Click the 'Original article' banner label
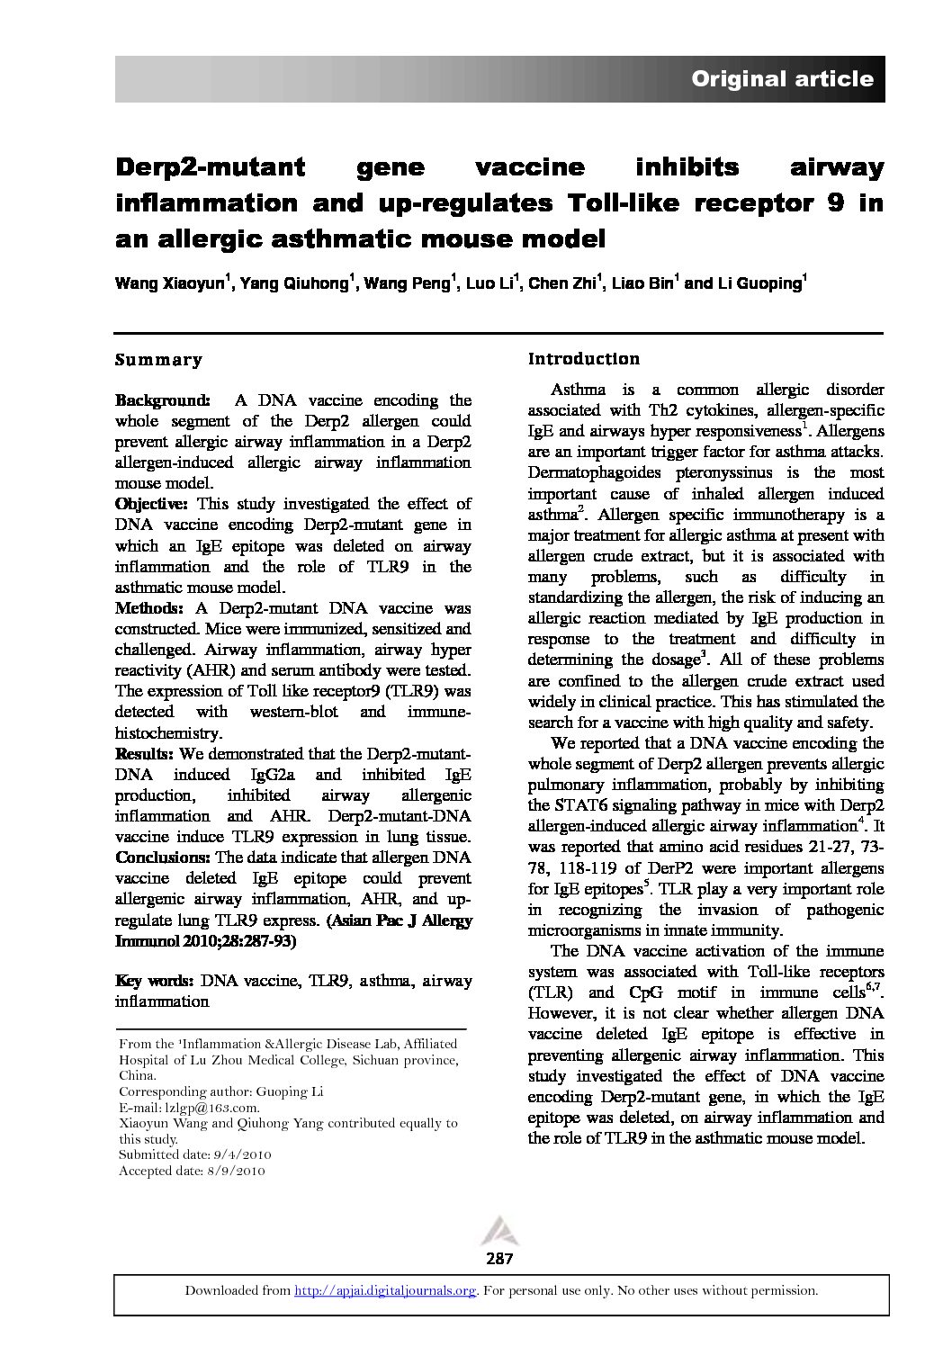point(781,79)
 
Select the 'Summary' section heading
point(158,360)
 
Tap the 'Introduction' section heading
point(584,359)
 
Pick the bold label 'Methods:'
point(150,608)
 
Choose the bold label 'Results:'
point(147,753)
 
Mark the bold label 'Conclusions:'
point(163,858)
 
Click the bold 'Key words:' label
point(155,981)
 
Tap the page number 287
point(498,1259)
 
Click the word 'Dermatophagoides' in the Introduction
point(597,473)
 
